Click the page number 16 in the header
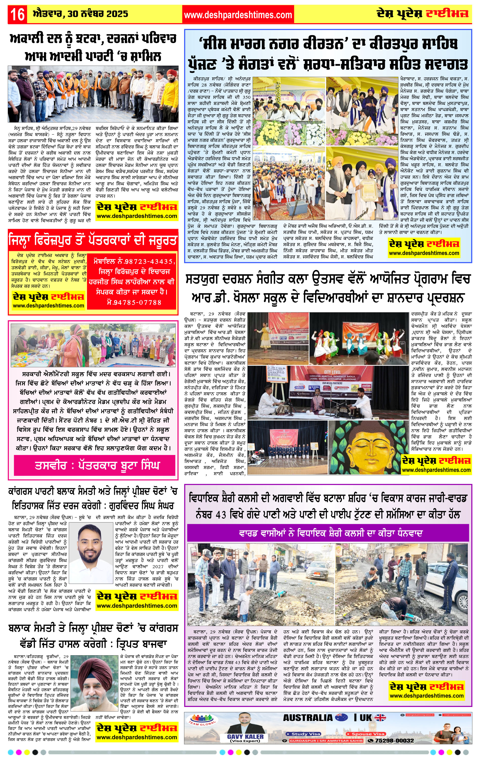coord(17,15)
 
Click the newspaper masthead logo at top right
coord(422,14)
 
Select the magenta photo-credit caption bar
coord(94,465)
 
